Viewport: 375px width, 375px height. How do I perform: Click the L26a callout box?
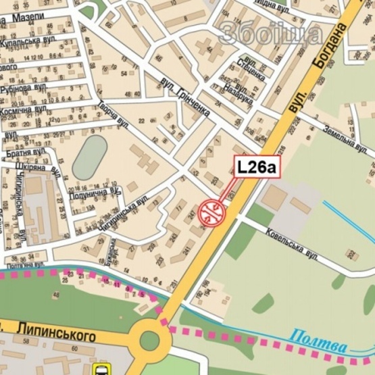pyautogui.click(x=257, y=167)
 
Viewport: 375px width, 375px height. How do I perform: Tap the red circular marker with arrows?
pyautogui.click(x=211, y=211)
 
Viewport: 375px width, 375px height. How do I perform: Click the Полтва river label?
pyautogui.click(x=319, y=339)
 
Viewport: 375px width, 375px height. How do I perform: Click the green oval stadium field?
pyautogui.click(x=90, y=157)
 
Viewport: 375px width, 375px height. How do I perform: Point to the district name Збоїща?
pyautogui.click(x=270, y=33)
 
